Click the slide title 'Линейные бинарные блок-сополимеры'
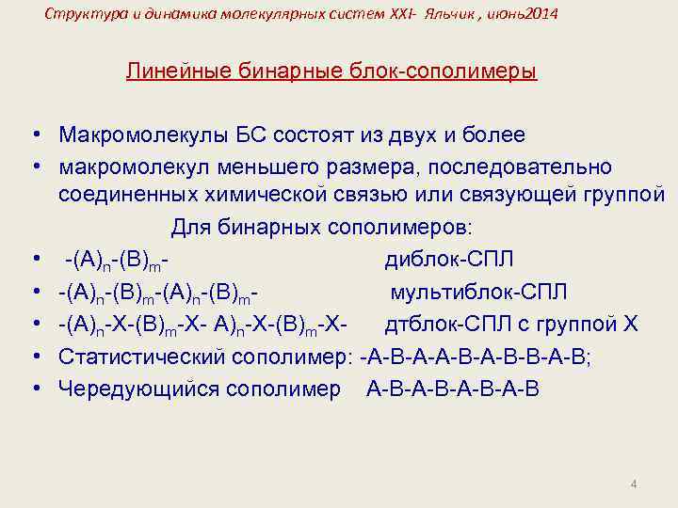tap(331, 71)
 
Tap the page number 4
tap(634, 484)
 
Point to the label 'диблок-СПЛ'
tap(449, 260)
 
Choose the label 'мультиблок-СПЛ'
tap(479, 292)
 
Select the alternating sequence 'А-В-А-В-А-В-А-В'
tap(453, 388)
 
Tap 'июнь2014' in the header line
tap(525, 14)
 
